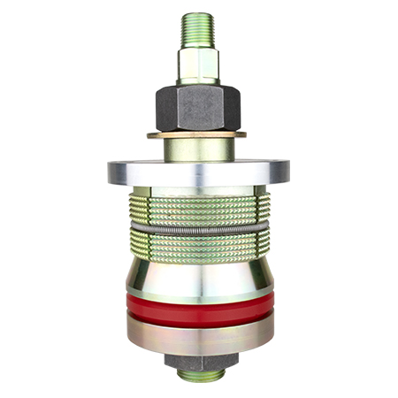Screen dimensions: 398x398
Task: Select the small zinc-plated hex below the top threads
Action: [199, 64]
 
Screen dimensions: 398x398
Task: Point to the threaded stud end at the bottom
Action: [198, 376]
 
